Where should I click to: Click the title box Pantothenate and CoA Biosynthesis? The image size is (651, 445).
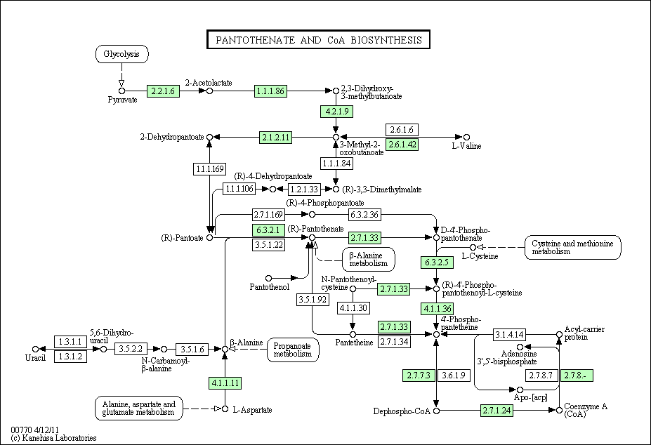[x=318, y=39]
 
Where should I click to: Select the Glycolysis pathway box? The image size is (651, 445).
[x=121, y=54]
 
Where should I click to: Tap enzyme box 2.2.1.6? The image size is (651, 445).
[x=163, y=91]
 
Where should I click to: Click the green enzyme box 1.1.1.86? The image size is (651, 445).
[x=270, y=91]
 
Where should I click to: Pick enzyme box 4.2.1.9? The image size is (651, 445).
[x=336, y=112]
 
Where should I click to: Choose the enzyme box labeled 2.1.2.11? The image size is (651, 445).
[x=276, y=138]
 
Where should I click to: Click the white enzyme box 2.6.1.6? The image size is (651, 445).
[x=402, y=130]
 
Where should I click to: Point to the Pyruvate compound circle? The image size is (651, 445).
[x=121, y=91]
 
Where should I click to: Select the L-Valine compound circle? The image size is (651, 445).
[x=467, y=137]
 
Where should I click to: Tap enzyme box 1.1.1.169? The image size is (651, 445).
[x=210, y=169]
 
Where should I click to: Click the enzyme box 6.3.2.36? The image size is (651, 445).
[x=364, y=215]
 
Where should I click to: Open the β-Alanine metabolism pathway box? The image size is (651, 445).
[x=369, y=260]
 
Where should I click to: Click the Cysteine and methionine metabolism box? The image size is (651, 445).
[x=573, y=247]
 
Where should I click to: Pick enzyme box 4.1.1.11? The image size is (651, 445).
[x=225, y=383]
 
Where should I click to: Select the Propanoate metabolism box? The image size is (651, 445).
[x=293, y=350]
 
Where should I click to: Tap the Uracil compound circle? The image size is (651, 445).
[x=36, y=349]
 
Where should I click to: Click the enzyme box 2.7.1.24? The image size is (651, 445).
[x=497, y=411]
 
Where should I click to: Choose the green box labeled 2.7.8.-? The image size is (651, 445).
[x=577, y=376]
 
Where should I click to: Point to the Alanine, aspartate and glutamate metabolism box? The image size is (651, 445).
[x=138, y=409]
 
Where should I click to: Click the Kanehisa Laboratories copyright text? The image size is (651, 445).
[x=53, y=438]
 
